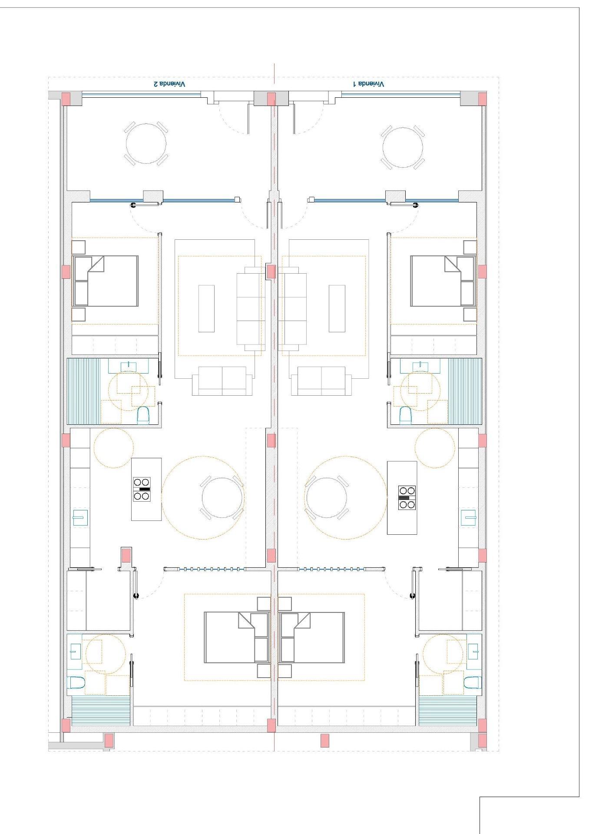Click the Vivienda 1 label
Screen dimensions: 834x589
368,84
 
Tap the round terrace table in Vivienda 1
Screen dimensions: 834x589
403,147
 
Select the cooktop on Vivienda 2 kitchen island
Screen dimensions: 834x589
142,489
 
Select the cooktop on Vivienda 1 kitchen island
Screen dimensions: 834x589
407,497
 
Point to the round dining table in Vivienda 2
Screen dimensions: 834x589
222,497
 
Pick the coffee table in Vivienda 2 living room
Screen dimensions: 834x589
206,308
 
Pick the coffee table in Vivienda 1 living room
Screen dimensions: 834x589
337,308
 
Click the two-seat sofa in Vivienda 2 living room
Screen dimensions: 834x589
222,381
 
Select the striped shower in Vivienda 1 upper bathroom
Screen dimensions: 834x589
465,391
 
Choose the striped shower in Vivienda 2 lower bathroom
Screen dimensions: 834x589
101,711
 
